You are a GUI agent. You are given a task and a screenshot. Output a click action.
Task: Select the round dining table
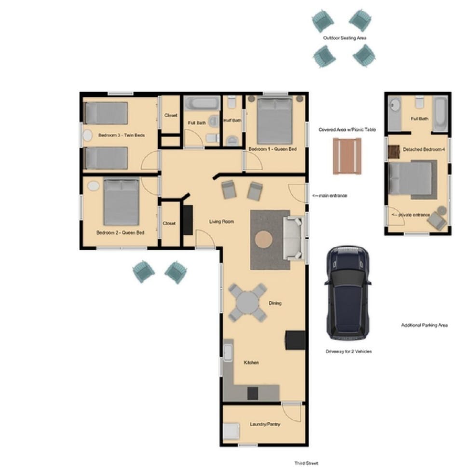point(247,302)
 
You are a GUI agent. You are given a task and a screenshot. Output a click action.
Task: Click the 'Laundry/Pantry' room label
point(265,424)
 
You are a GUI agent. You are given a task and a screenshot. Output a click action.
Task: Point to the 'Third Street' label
point(306,463)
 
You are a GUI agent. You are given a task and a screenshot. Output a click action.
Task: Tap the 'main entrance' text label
point(330,196)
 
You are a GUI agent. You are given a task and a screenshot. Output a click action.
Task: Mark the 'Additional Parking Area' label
point(424,325)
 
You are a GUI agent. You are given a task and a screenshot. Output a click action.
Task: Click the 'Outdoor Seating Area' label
point(343,38)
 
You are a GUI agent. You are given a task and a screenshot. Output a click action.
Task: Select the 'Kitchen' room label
point(251,363)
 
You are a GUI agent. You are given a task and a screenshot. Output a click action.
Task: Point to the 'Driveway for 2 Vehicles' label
point(349,351)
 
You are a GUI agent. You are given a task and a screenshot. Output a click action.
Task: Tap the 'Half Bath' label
point(232,121)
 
